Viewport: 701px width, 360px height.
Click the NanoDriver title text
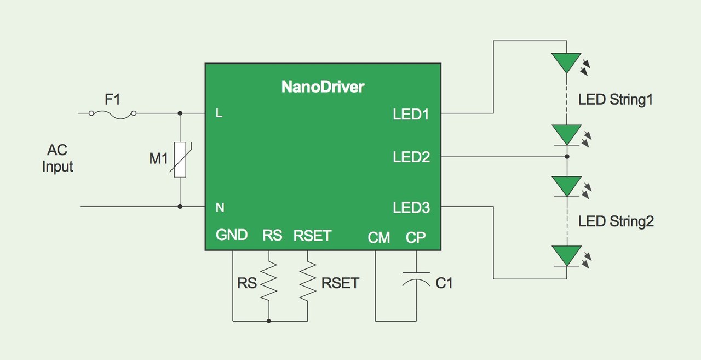(323, 87)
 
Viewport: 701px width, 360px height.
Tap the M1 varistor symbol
(180, 159)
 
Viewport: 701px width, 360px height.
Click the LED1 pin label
(411, 115)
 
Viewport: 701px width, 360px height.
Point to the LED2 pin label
(411, 157)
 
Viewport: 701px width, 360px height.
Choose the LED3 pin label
(411, 208)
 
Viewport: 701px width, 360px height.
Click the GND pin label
(232, 235)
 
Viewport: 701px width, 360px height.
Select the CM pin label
(379, 237)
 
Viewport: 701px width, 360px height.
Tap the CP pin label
(416, 237)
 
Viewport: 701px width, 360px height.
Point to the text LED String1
(616, 100)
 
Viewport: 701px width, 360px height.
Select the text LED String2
(616, 221)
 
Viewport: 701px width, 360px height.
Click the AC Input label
(58, 158)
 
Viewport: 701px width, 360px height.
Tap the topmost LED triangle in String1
(566, 62)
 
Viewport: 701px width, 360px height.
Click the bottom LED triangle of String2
(566, 255)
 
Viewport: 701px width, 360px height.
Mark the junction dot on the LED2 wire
(567, 157)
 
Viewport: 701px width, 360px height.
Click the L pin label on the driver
(219, 114)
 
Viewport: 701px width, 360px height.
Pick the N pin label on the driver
(220, 208)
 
